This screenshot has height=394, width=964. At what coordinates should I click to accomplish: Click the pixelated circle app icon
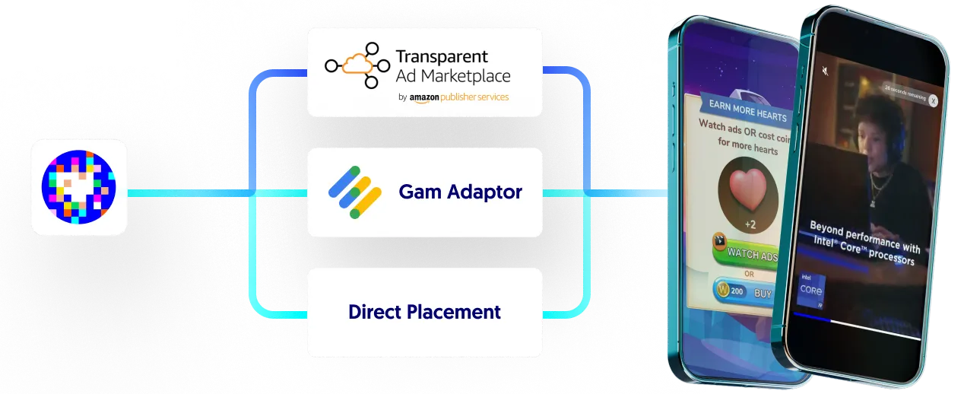79,187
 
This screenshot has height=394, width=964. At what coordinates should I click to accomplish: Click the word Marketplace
466,76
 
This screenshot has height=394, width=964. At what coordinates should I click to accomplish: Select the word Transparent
442,56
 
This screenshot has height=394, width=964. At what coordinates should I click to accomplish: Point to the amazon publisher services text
458,97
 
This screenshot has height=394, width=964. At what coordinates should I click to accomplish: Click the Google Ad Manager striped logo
354,192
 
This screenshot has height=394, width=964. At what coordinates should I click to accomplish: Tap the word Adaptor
484,192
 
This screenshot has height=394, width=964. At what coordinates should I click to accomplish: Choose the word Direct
375,312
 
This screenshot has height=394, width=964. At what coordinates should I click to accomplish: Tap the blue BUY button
762,292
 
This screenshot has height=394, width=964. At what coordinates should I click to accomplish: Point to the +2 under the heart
750,224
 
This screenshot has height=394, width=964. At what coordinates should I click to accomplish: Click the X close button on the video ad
934,100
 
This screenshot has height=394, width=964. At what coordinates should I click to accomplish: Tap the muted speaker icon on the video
824,71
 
